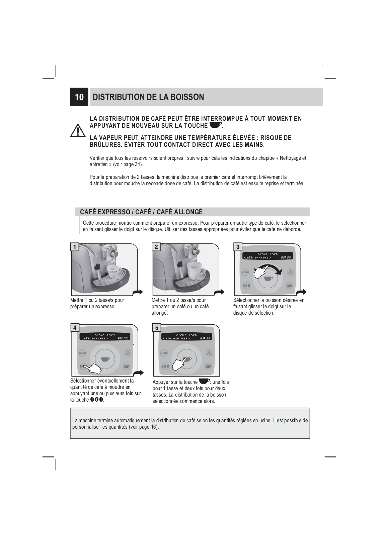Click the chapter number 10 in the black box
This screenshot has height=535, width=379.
tap(79, 97)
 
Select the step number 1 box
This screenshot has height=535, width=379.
tap(74, 247)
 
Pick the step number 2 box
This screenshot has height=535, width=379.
tap(156, 247)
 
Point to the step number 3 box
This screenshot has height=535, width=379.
tap(238, 247)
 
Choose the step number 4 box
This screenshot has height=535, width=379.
tap(75, 328)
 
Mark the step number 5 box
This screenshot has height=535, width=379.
tap(157, 328)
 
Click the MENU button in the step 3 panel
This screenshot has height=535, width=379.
tap(245, 272)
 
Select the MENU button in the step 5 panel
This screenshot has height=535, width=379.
tap(164, 353)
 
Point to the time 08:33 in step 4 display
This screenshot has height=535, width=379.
tap(123, 338)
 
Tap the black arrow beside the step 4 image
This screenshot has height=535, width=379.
tap(138, 373)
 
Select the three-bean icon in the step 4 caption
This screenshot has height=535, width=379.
tap(96, 400)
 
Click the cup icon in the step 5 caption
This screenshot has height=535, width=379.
tap(204, 381)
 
